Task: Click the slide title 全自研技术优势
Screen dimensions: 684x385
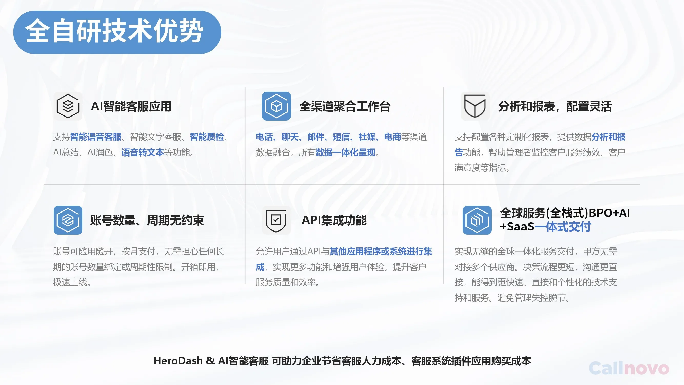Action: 115,31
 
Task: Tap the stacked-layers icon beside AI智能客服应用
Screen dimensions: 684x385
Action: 68,106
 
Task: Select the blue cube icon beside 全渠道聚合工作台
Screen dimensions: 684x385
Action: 276,106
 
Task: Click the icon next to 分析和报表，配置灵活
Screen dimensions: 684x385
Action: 475,106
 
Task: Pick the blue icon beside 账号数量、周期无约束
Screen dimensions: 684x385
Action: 68,220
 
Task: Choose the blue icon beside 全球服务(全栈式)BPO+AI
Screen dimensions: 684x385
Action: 477,220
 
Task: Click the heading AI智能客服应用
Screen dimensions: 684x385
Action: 131,106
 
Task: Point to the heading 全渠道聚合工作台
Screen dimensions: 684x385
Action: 345,106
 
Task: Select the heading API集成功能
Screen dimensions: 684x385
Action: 334,220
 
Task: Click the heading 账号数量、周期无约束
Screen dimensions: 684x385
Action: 147,220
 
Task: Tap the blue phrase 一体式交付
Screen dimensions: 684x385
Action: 563,227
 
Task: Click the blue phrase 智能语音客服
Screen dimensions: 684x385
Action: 96,137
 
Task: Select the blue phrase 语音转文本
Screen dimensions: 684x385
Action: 143,152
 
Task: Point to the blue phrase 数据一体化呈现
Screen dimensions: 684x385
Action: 345,152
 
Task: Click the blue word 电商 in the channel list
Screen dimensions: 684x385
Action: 392,137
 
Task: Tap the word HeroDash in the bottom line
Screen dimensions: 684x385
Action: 178,361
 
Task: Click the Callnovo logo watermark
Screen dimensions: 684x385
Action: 629,368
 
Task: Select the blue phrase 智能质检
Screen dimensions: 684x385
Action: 207,137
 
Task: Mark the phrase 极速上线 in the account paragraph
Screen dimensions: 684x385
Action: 70,282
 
